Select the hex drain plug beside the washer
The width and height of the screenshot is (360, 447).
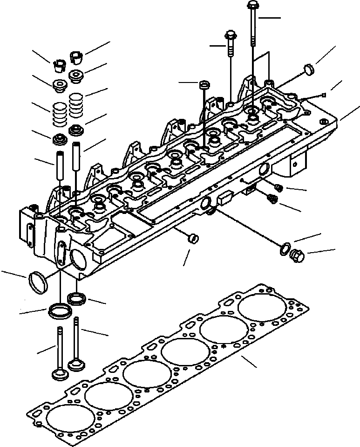pyautogui.click(x=297, y=255)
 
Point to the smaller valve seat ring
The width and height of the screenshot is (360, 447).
pyautogui.click(x=75, y=298)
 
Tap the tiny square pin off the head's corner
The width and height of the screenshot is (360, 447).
pyautogui.click(x=323, y=96)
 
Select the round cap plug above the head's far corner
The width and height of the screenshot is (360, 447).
pyautogui.click(x=308, y=70)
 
